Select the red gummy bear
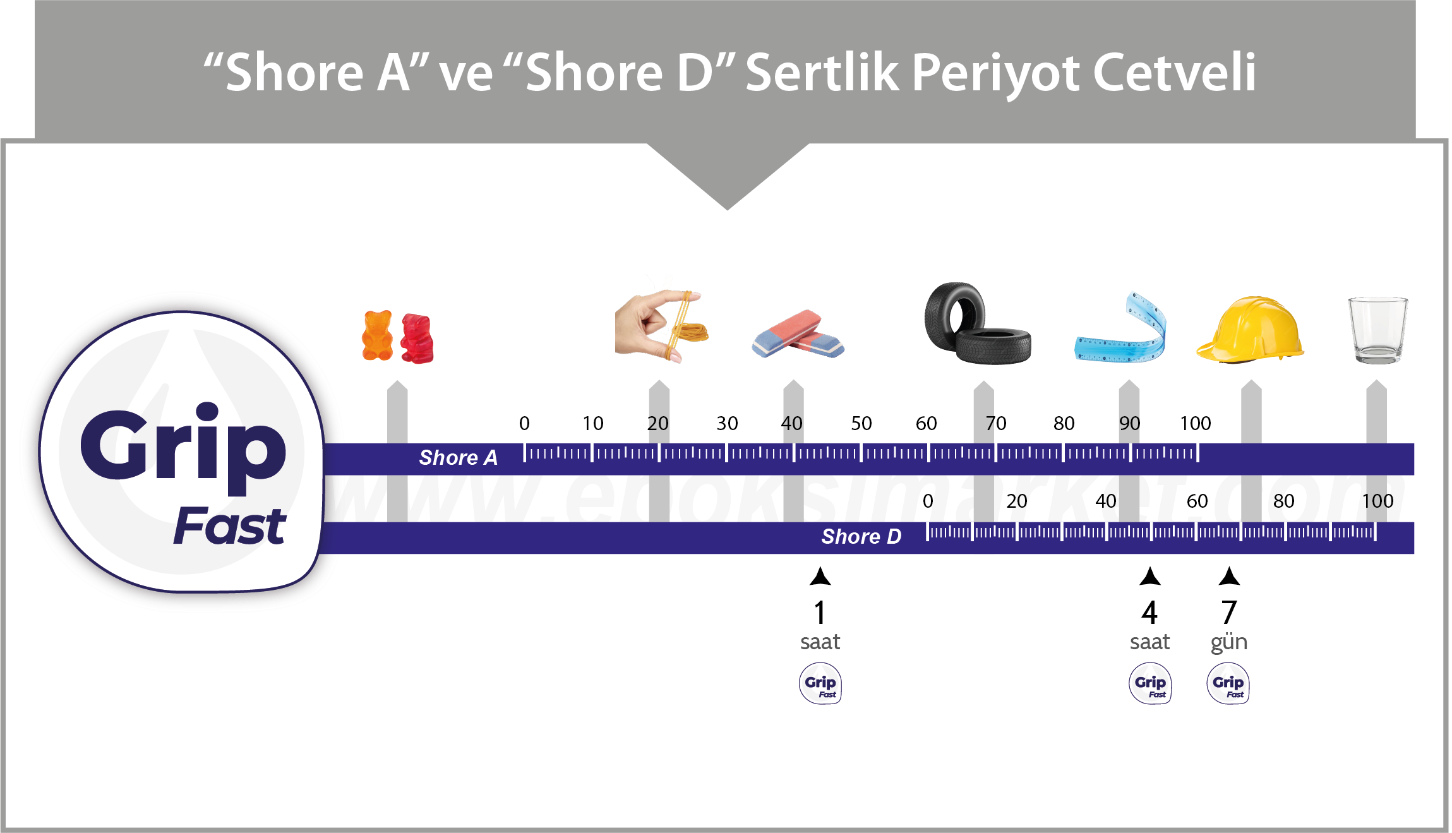417,339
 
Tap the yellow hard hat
1249,330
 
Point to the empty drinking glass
1377,330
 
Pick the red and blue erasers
798,334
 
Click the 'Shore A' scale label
458,458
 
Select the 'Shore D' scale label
861,537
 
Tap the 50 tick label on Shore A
861,423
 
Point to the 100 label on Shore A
1195,423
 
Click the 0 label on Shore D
927,501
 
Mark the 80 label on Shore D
1283,501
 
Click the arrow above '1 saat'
820,576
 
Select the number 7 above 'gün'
1228,612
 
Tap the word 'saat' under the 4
1149,642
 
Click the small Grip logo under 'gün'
1228,683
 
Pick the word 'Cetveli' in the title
1174,73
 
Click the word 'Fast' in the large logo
229,526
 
